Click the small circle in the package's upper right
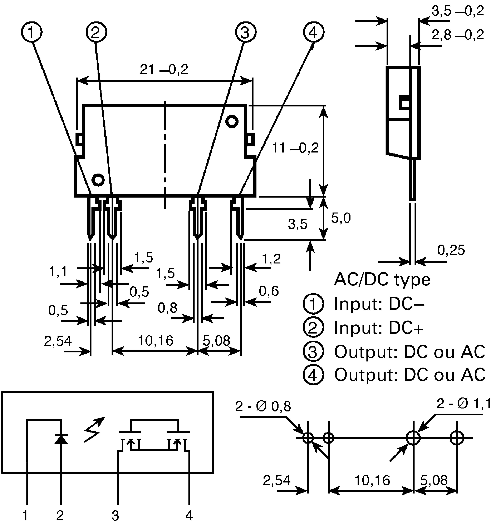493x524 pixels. click(x=232, y=122)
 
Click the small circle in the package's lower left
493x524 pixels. click(x=98, y=180)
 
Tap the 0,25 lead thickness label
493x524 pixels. click(x=451, y=250)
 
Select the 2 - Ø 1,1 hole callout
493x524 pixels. click(x=463, y=403)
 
